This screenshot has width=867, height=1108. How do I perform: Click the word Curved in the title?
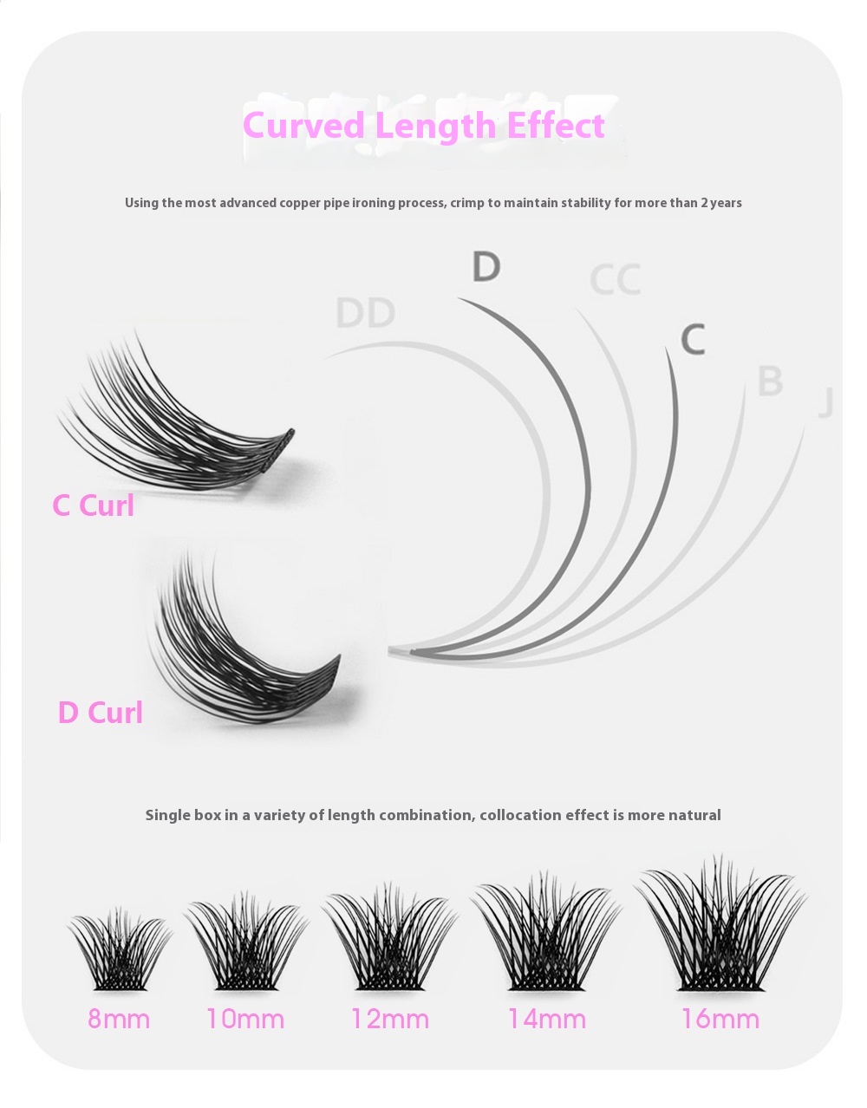(x=303, y=125)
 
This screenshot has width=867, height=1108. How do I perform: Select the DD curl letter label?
(x=366, y=313)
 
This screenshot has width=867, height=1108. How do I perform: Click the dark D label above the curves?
(x=486, y=266)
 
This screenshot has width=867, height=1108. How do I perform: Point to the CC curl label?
(x=616, y=279)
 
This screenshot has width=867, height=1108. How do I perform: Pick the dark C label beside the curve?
(x=694, y=339)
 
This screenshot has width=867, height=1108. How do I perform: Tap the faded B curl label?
(x=770, y=381)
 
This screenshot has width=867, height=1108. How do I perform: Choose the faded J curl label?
(x=826, y=403)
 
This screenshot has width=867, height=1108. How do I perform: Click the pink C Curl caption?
(x=94, y=505)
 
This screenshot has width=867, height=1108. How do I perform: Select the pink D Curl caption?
(x=101, y=713)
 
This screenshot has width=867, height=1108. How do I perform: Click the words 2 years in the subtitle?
(x=720, y=203)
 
